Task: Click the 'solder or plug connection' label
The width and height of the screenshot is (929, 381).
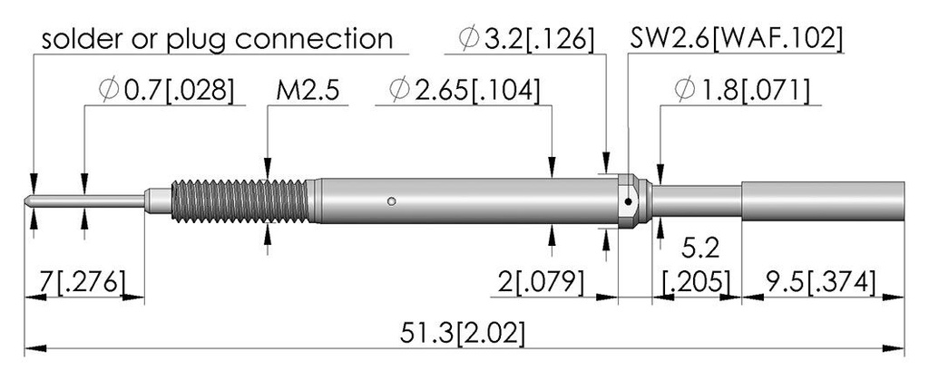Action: pyautogui.click(x=217, y=39)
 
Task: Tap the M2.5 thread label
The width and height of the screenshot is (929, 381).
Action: pyautogui.click(x=307, y=91)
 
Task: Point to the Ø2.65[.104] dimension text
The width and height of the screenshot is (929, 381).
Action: pyautogui.click(x=464, y=91)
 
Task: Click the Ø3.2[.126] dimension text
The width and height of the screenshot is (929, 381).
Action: pyautogui.click(x=525, y=39)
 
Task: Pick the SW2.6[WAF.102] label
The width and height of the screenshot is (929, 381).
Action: pyautogui.click(x=736, y=39)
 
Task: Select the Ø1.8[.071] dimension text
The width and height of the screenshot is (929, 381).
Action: pyautogui.click(x=742, y=91)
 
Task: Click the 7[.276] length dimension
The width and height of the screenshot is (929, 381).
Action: pyautogui.click(x=83, y=282)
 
